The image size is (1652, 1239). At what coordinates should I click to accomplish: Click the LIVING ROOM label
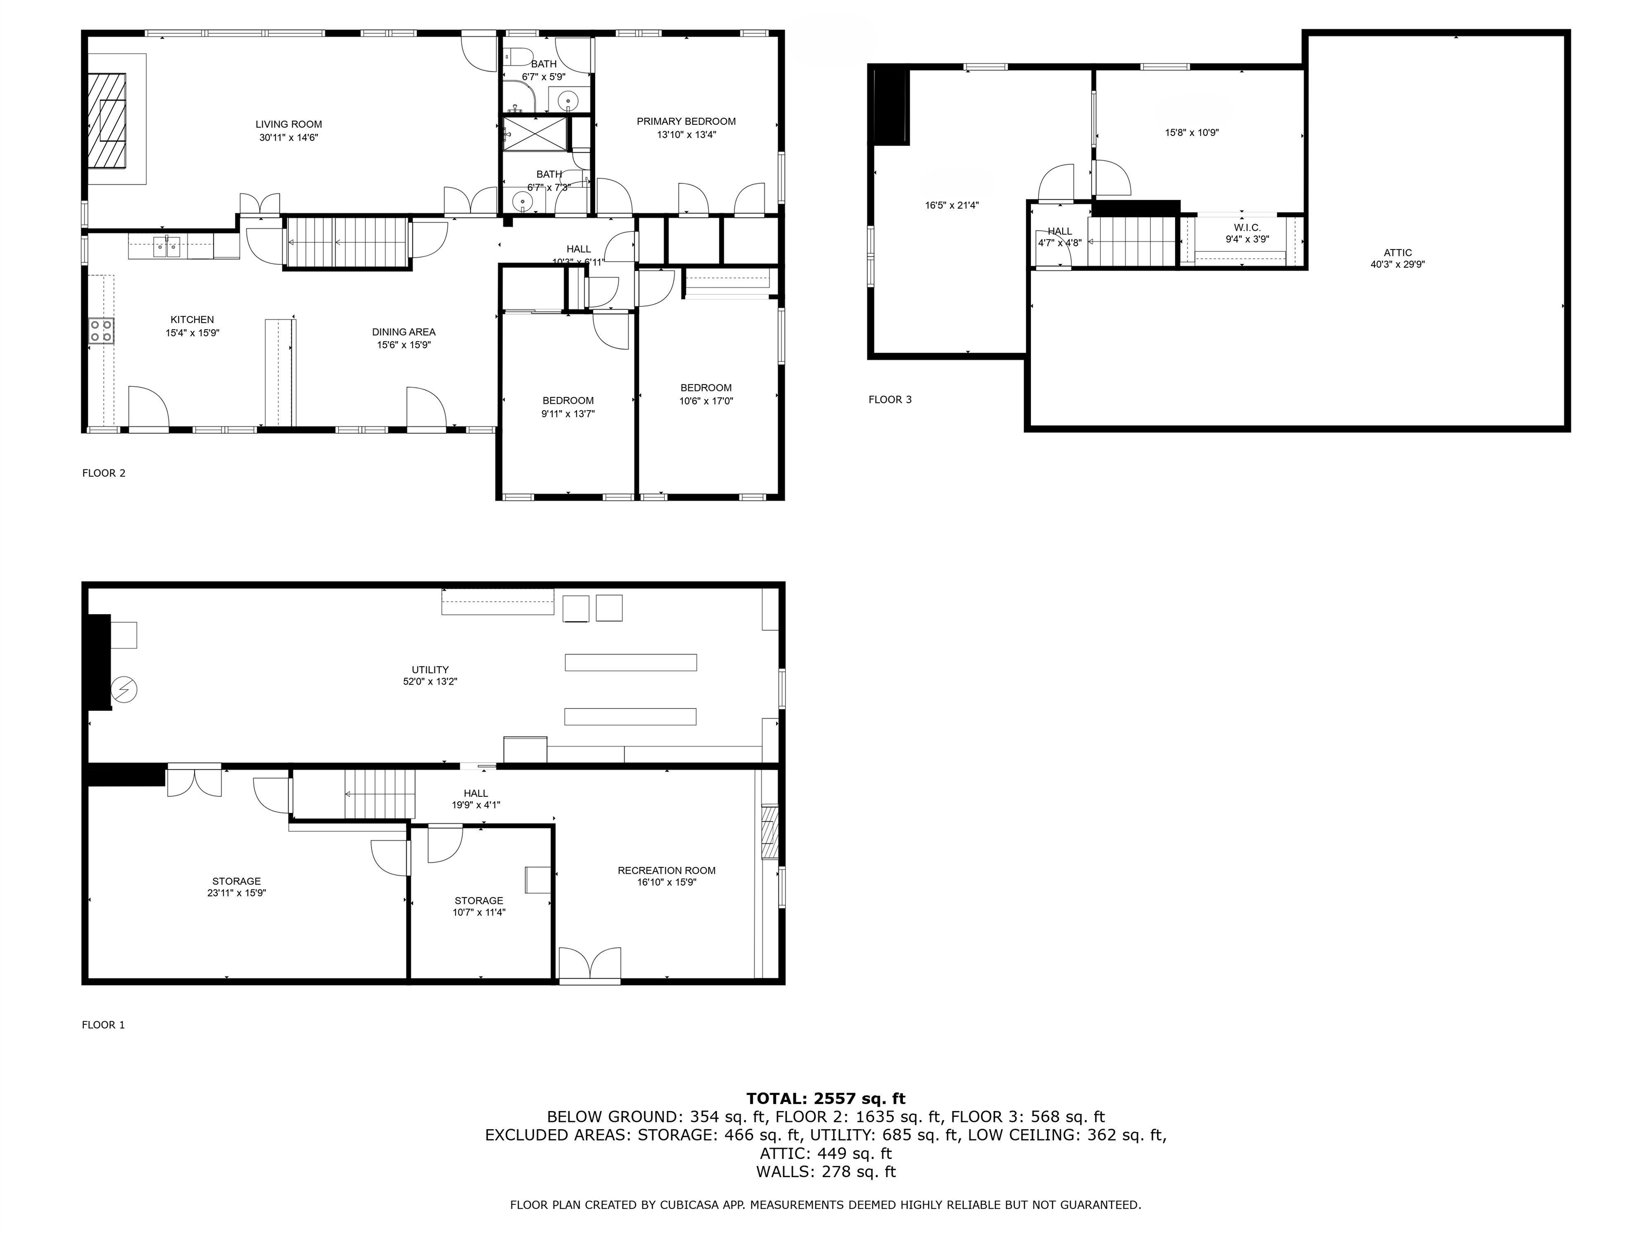[x=288, y=125]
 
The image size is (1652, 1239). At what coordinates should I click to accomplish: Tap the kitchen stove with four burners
[x=102, y=331]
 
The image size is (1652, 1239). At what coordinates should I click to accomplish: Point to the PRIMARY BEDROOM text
[x=686, y=121]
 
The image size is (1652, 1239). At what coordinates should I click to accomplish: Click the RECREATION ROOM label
[x=666, y=870]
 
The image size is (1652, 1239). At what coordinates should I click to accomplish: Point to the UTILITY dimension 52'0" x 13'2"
[x=430, y=682]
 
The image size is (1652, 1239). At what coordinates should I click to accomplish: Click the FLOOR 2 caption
[x=104, y=473]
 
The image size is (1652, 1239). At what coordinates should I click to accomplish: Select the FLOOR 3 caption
[x=889, y=400]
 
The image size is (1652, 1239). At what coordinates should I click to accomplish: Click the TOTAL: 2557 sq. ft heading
[x=825, y=1099]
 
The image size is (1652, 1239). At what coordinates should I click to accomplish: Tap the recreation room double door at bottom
[x=589, y=964]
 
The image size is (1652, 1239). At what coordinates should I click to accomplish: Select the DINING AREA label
[x=403, y=332]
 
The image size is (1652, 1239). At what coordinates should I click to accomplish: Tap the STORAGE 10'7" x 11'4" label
[x=479, y=901]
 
